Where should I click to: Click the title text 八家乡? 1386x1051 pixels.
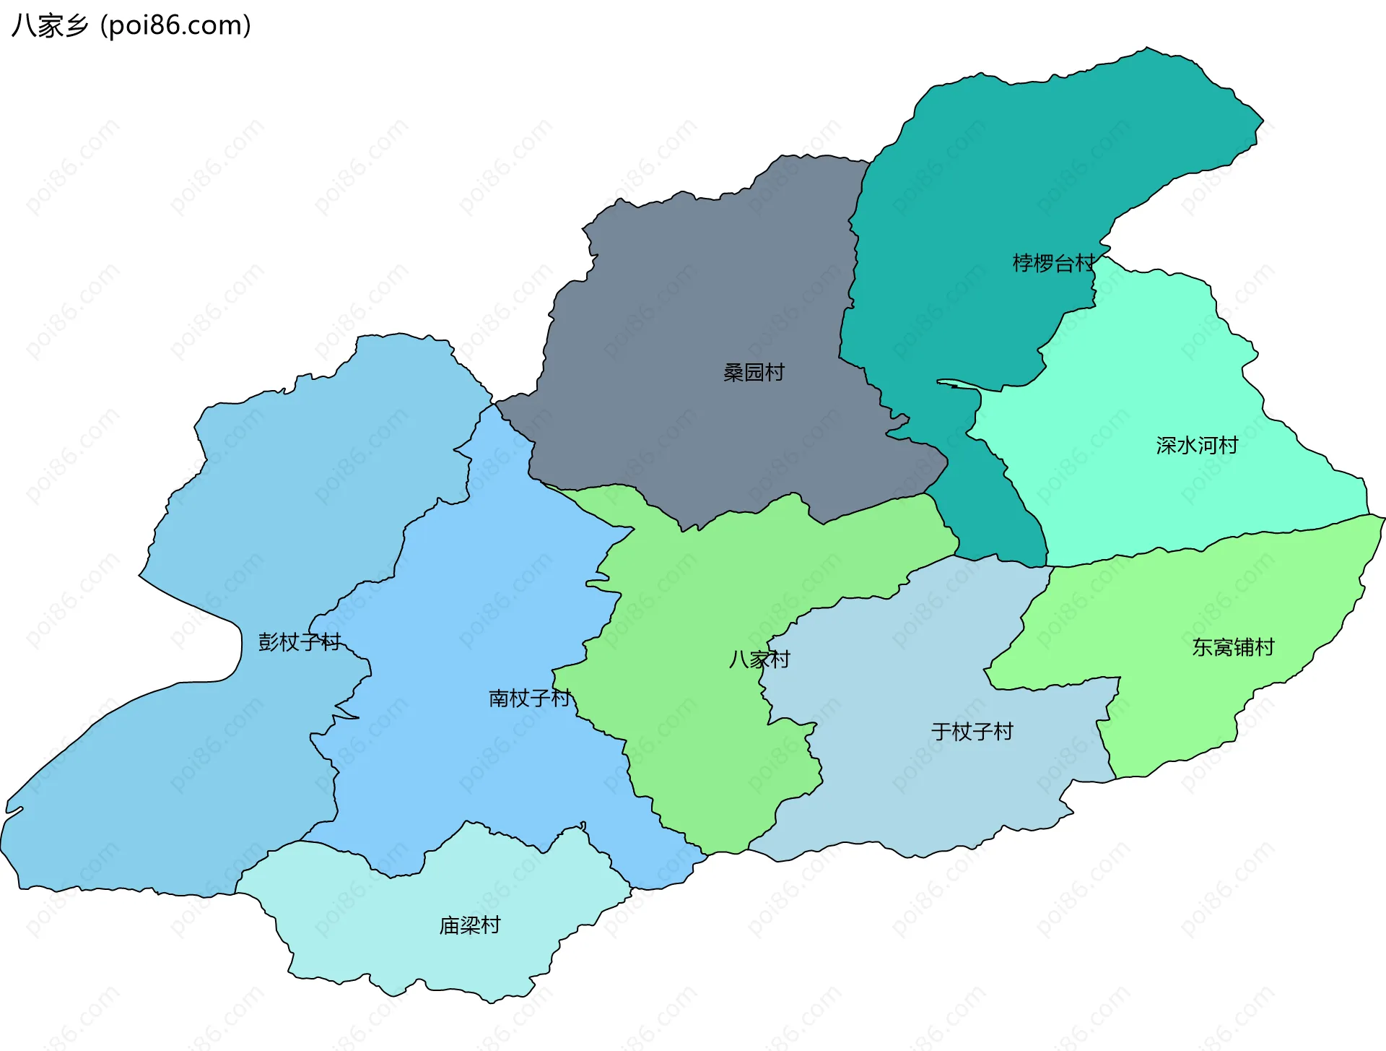point(49,26)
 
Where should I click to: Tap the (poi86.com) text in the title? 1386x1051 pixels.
point(175,26)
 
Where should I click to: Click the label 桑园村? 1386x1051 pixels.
point(754,373)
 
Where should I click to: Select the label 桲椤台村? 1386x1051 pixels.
point(1053,263)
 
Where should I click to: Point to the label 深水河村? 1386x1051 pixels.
point(1197,445)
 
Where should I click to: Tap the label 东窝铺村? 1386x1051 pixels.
point(1233,647)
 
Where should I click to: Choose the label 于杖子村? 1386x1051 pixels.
point(972,732)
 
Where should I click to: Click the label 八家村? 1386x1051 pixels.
point(759,659)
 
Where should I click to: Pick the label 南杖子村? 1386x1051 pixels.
point(530,698)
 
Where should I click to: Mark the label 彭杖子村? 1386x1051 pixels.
point(299,642)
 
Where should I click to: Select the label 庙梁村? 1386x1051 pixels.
point(470,925)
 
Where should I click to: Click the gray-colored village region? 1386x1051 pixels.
point(693,303)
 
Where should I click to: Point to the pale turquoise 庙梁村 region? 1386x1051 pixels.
point(404,932)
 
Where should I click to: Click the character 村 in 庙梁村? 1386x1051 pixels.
point(491,925)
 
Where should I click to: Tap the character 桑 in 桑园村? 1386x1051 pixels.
point(733,373)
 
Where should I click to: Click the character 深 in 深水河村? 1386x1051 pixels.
point(1166,445)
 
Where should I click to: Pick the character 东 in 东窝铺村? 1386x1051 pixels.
point(1202,647)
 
